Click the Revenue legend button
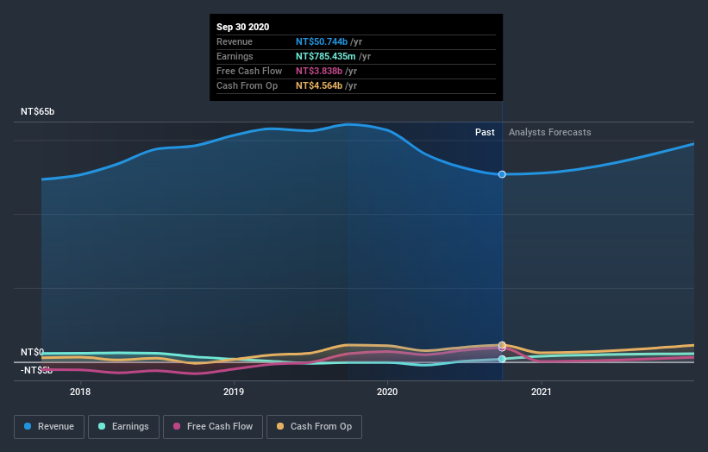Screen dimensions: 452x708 pos(49,426)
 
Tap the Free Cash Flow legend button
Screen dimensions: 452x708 pos(212,426)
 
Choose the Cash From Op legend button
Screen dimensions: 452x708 pos(315,426)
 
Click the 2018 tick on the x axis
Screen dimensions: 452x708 pos(80,392)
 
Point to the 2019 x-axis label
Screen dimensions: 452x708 pos(234,392)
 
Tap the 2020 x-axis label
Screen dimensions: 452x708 pos(387,392)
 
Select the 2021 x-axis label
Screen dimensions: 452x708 pos(542,392)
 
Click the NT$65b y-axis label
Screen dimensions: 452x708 pos(37,112)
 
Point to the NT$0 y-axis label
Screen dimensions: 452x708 pos(33,352)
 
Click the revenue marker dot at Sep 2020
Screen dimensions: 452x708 pos(502,174)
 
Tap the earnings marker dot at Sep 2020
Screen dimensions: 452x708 pos(502,358)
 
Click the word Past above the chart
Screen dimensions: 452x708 pos(485,132)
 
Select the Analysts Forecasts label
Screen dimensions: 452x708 pos(550,132)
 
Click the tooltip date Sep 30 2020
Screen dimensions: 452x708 pos(242,27)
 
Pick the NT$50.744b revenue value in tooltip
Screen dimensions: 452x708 pos(322,41)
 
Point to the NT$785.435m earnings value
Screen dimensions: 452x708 pos(326,56)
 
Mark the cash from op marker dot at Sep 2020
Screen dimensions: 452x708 pos(502,345)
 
